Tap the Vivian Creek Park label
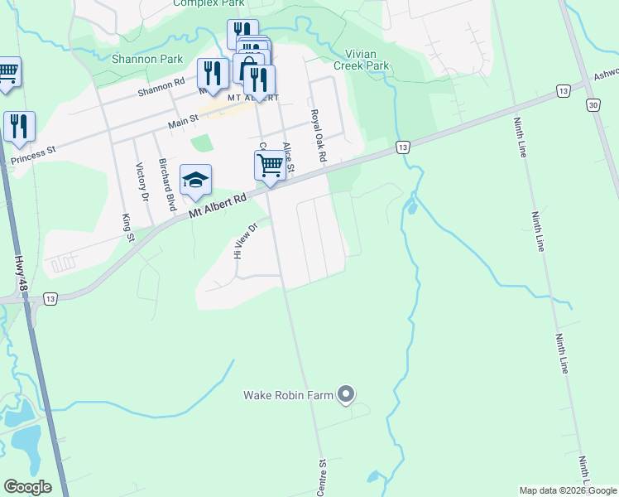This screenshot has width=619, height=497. (x=361, y=60)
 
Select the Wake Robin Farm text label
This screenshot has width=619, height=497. (x=288, y=395)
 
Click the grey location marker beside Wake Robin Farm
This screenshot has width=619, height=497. (x=347, y=394)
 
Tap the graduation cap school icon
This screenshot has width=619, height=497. (x=195, y=181)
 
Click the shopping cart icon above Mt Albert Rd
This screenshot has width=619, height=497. (x=271, y=166)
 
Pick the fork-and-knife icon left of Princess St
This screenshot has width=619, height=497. (x=19, y=127)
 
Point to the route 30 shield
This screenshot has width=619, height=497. (x=593, y=105)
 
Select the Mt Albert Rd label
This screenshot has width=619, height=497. (x=218, y=206)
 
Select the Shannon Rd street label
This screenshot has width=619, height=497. (x=161, y=87)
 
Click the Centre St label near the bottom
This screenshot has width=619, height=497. (x=323, y=479)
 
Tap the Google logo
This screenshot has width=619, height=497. (x=27, y=487)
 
